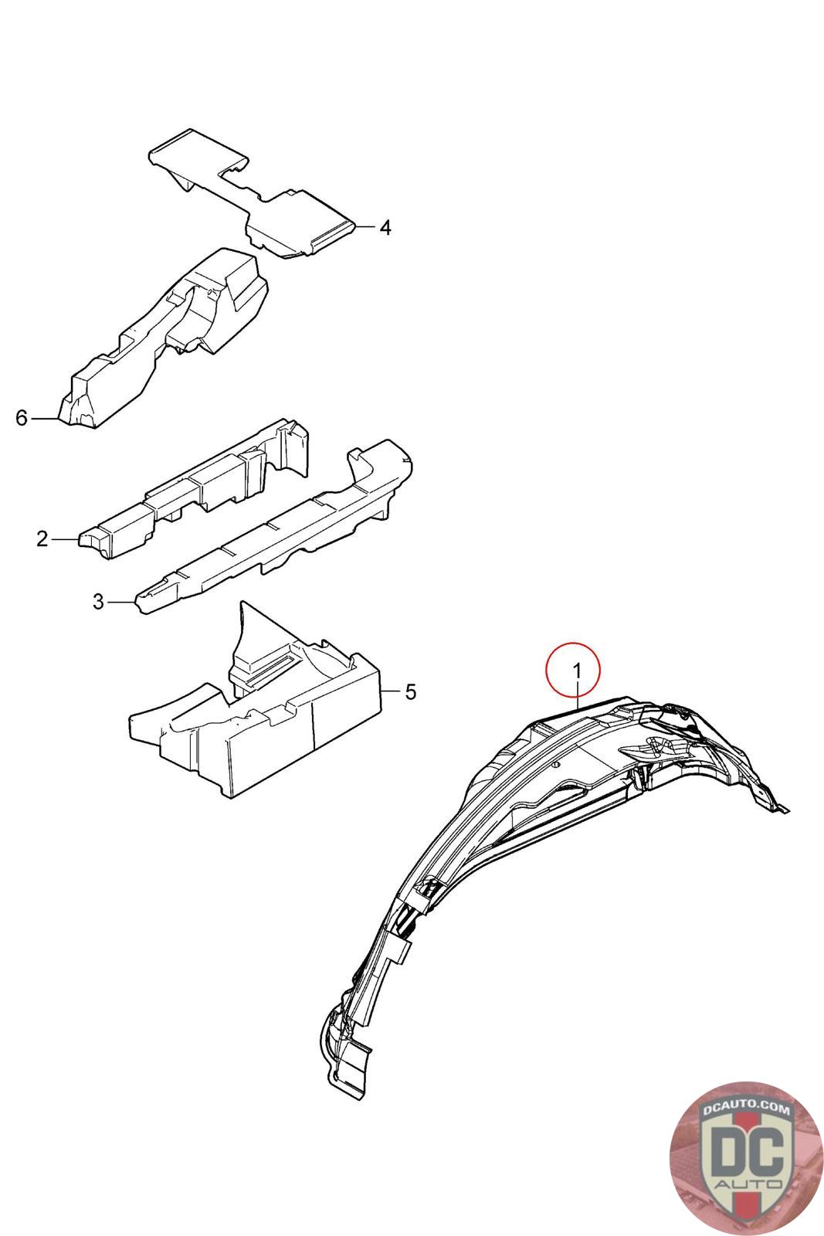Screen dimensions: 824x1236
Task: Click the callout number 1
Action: (x=577, y=671)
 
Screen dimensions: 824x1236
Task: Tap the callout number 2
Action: (x=42, y=538)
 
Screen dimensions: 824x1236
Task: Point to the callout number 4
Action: (x=385, y=227)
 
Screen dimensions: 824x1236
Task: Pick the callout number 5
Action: (x=410, y=691)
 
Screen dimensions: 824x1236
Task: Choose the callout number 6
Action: (x=21, y=418)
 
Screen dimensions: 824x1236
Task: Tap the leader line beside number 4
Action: (x=366, y=227)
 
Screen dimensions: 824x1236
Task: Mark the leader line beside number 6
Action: (x=45, y=419)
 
